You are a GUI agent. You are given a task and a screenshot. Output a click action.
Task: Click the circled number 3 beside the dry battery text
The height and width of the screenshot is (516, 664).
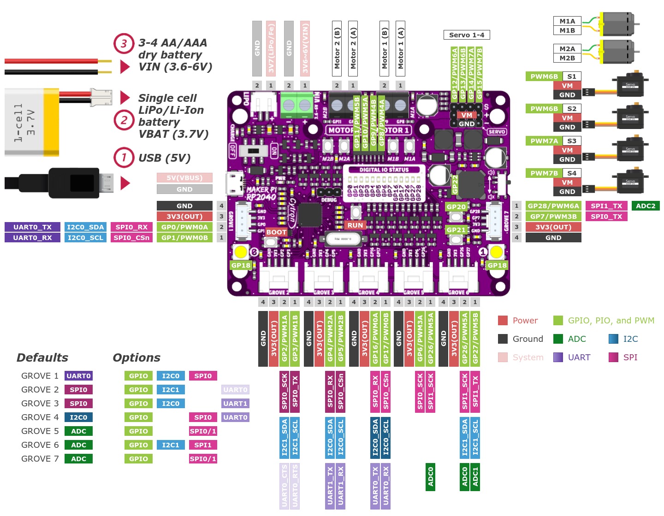124,44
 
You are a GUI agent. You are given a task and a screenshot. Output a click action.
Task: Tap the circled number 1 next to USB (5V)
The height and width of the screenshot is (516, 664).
124,158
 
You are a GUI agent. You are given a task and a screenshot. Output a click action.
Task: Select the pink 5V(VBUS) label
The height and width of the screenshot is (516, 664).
184,178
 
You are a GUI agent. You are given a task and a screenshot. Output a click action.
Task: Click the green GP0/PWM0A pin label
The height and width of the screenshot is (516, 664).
184,227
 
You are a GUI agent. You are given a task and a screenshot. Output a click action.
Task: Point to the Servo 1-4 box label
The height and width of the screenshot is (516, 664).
467,35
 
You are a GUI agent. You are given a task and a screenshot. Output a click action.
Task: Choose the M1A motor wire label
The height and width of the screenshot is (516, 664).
567,21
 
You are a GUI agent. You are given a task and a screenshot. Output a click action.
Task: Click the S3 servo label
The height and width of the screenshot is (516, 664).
572,141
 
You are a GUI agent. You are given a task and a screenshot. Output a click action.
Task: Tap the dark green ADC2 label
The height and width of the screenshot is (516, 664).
646,206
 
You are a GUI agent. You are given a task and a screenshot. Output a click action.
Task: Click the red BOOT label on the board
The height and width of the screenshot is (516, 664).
276,232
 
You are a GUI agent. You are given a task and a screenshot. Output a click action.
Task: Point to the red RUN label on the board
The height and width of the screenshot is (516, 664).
355,225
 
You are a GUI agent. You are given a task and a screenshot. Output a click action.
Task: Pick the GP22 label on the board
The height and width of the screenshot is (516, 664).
455,184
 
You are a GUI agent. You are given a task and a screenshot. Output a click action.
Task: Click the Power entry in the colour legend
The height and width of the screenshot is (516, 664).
525,321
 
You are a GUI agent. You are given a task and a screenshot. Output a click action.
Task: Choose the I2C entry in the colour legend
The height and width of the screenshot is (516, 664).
630,339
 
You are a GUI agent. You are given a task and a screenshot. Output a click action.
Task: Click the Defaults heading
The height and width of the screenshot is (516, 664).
42,358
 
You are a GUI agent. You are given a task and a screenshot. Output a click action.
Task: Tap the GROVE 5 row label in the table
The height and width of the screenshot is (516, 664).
40,431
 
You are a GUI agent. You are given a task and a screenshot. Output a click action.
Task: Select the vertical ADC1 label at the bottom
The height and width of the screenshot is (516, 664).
475,477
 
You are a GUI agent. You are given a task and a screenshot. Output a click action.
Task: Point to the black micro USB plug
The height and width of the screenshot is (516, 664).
74,183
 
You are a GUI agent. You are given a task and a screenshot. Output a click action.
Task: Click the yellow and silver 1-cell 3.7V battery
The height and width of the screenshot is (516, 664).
32,123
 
